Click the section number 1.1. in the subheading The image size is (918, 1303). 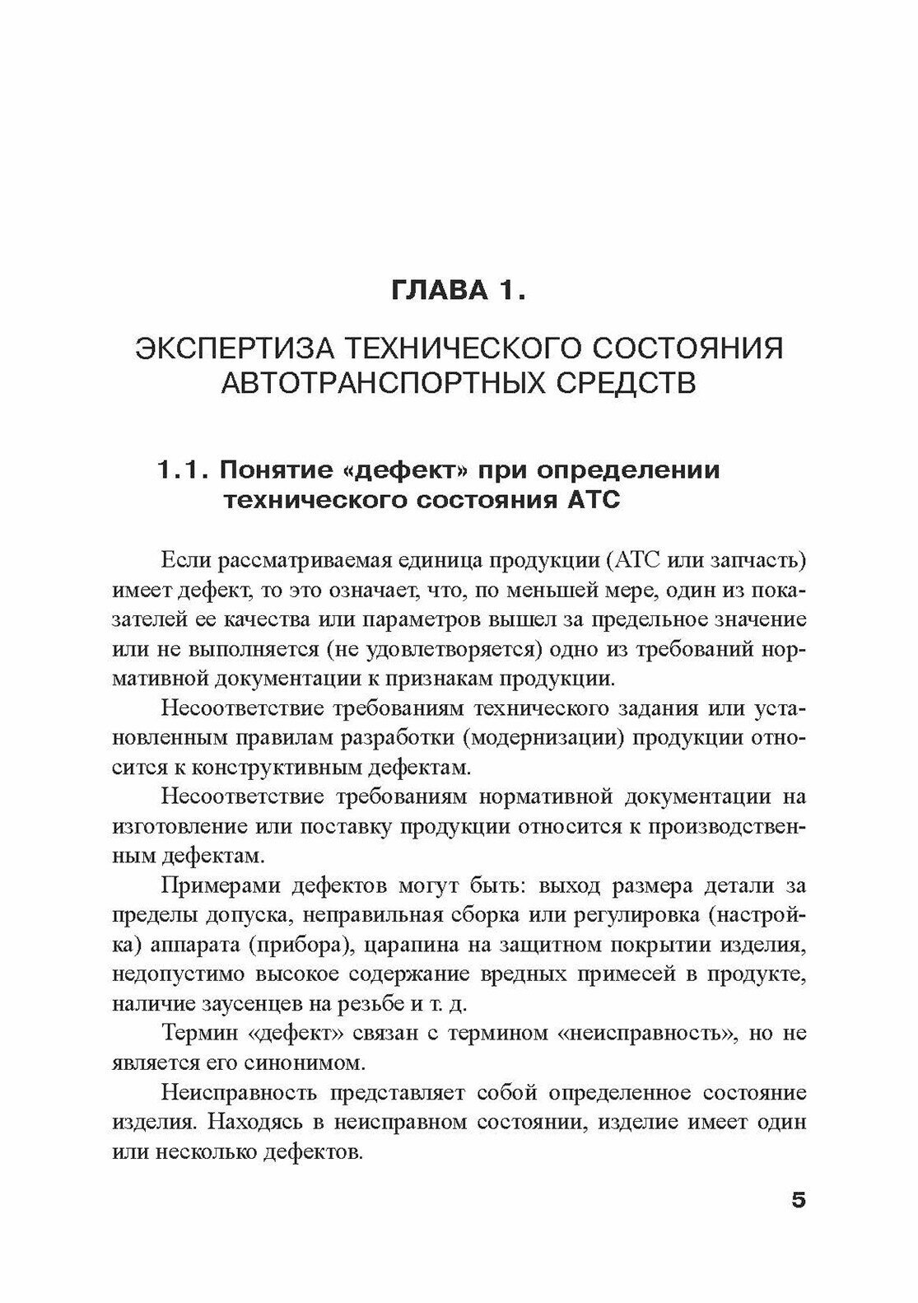click(x=182, y=470)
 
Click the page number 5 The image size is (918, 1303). click(x=798, y=1199)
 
